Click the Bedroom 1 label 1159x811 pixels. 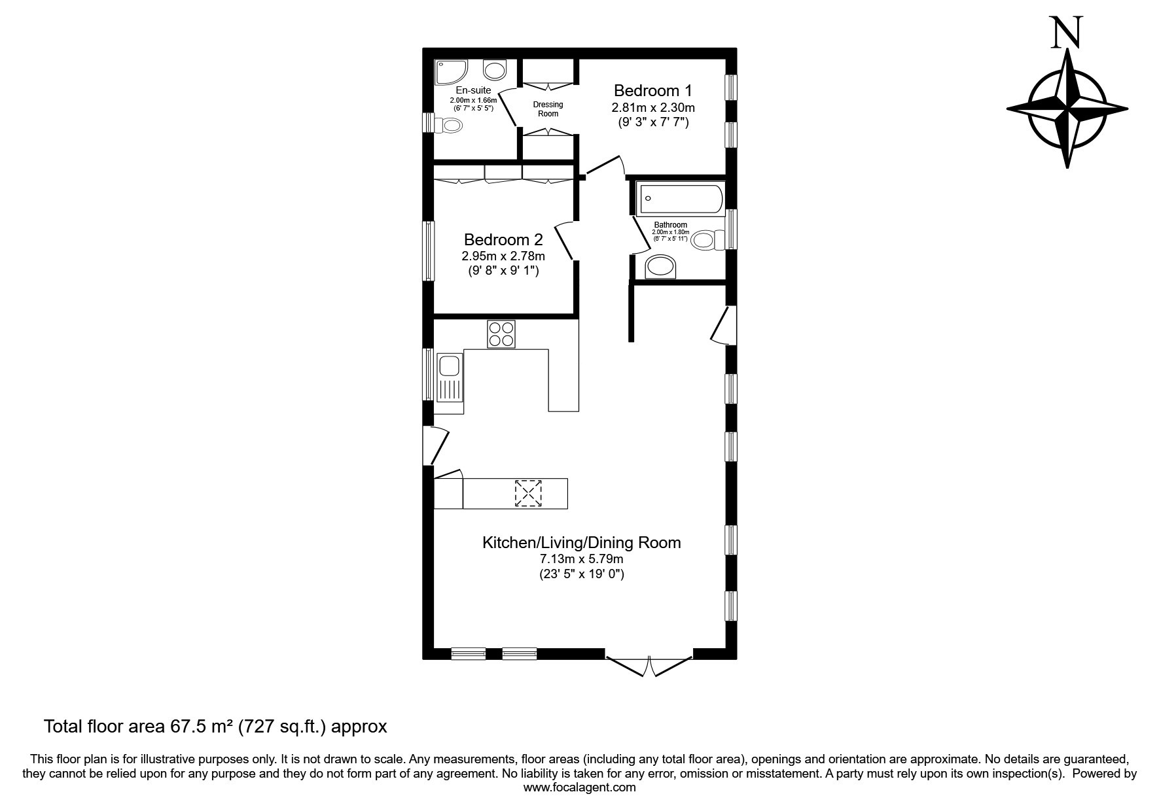[652, 90]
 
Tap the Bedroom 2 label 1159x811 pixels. [503, 239]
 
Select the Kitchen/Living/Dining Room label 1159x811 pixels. [581, 542]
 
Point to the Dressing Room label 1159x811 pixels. [548, 109]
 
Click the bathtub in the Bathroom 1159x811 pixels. [681, 198]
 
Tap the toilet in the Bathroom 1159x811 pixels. [709, 240]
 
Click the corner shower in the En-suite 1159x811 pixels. [451, 72]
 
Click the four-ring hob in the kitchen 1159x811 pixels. [501, 334]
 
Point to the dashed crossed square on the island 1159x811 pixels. [529, 493]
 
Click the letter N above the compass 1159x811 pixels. [1067, 32]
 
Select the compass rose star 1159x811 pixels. [1067, 109]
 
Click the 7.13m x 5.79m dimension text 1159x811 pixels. [581, 559]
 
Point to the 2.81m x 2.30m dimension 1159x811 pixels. [652, 107]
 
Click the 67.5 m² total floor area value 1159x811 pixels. [202, 726]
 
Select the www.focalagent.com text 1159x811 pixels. [579, 787]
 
